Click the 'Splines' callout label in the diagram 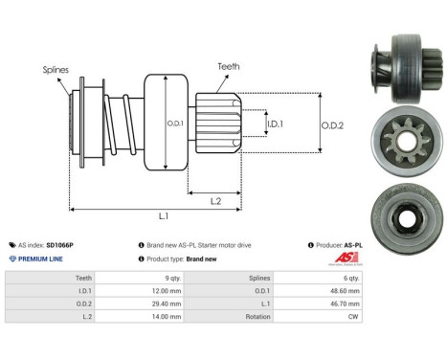(55, 69)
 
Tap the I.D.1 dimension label (276, 124)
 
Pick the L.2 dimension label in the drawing (217, 199)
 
